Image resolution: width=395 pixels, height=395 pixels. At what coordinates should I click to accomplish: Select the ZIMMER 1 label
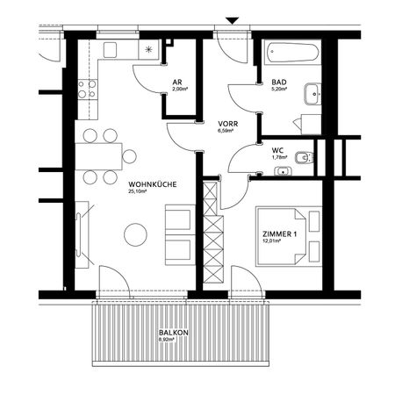tap(279, 234)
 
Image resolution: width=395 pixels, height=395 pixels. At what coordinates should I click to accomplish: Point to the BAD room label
tap(279, 82)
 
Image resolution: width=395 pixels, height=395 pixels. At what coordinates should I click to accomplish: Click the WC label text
tap(278, 150)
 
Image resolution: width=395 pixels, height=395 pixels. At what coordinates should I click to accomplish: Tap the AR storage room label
tap(178, 82)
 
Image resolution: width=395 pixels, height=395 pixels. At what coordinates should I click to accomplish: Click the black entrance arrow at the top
tap(233, 20)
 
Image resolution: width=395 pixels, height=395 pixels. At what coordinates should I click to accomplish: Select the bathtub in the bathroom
tap(290, 50)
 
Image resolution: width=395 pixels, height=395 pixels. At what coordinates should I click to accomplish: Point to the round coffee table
tap(135, 233)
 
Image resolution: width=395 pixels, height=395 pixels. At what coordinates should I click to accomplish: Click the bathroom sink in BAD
tap(313, 94)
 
